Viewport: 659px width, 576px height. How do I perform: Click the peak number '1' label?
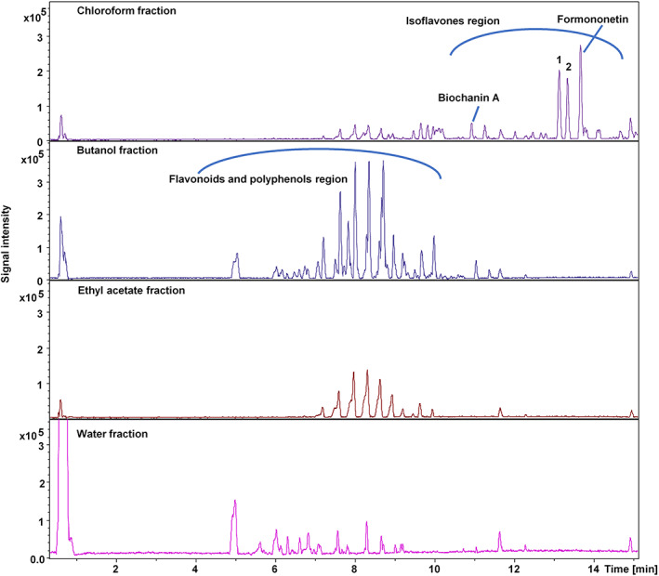point(559,59)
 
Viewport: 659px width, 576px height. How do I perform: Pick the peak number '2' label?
point(568,66)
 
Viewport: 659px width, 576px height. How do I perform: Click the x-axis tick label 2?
point(115,566)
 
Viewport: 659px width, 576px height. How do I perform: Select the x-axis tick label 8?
point(354,566)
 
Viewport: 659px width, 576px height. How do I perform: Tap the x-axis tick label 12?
point(512,566)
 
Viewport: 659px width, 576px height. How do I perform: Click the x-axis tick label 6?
point(274,566)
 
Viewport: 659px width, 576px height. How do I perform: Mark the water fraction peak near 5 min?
point(234,503)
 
